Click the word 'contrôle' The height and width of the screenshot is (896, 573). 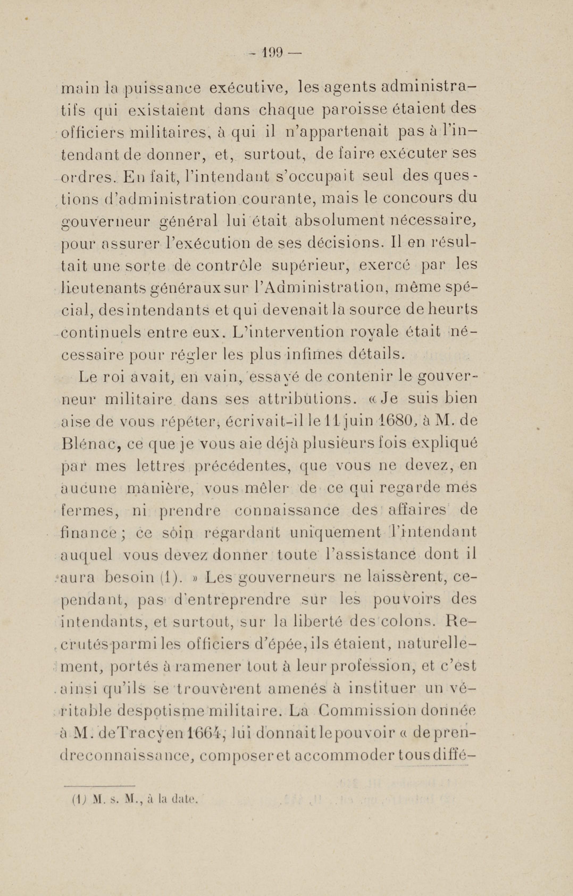(x=228, y=266)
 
